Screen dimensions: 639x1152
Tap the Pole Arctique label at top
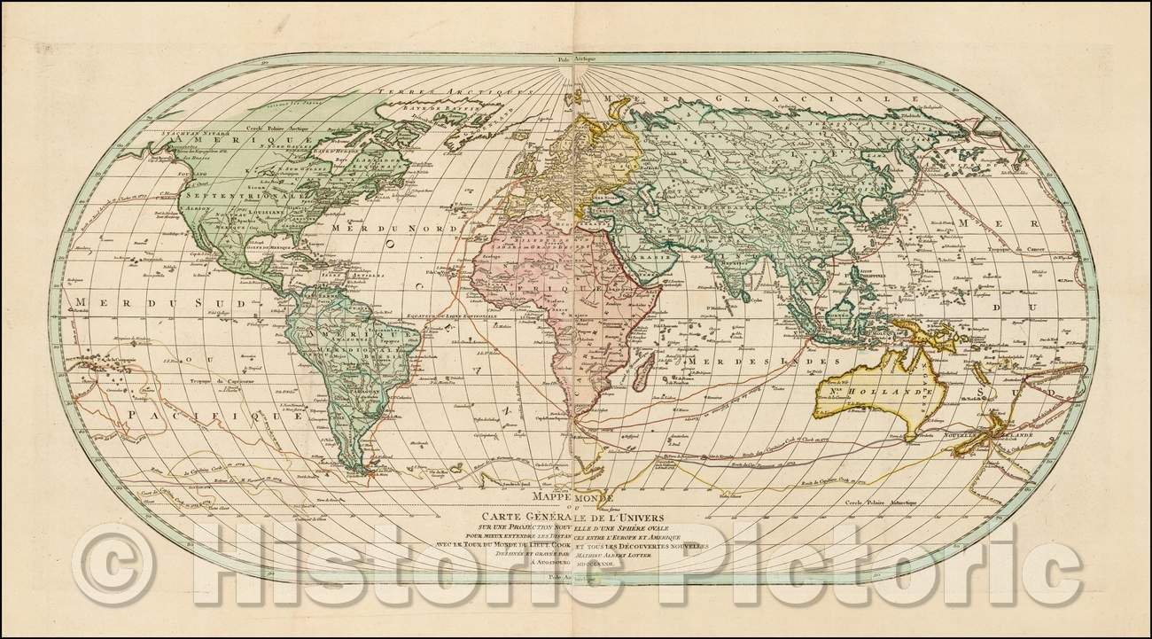click(576, 61)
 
